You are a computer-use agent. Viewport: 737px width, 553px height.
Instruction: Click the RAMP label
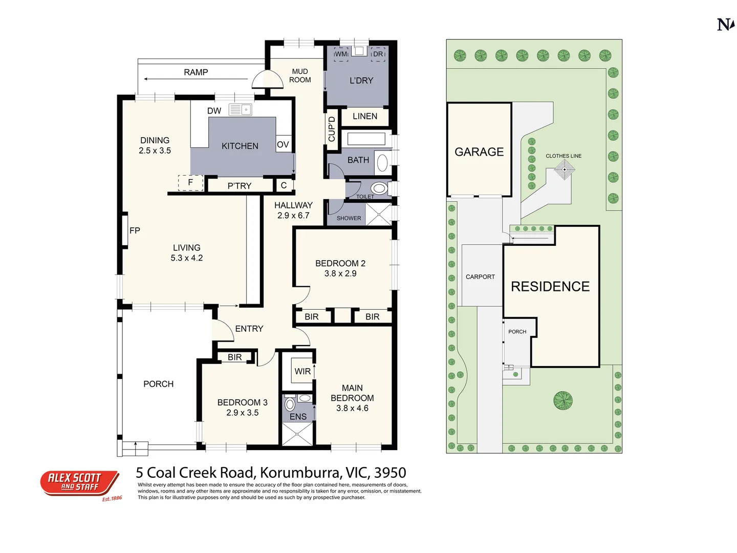(x=196, y=72)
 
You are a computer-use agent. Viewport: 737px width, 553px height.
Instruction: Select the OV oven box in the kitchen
(x=283, y=144)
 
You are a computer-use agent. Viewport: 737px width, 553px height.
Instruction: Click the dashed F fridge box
(x=190, y=182)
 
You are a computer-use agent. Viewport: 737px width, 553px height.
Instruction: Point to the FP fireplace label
(x=135, y=230)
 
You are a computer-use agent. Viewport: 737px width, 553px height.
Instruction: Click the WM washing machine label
(x=341, y=54)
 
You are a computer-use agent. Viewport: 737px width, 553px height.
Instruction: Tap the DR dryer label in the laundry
(x=378, y=54)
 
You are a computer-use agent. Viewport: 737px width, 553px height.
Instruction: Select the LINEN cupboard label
(x=365, y=116)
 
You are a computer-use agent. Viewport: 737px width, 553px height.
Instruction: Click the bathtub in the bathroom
(x=366, y=139)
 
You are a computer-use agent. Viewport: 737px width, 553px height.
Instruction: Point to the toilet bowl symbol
(x=379, y=187)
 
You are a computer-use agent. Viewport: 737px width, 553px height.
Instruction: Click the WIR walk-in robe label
(x=302, y=371)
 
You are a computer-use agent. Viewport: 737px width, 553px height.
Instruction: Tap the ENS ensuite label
(x=298, y=417)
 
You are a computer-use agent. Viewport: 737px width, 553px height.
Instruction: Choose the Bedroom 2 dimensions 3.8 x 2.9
(x=340, y=273)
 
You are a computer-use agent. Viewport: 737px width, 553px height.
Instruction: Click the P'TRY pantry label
(x=240, y=186)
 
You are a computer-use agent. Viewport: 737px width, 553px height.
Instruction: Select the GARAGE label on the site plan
(x=479, y=152)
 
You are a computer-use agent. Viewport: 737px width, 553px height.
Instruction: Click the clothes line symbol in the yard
(x=565, y=169)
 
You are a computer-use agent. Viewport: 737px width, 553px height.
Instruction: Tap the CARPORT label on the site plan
(x=480, y=276)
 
